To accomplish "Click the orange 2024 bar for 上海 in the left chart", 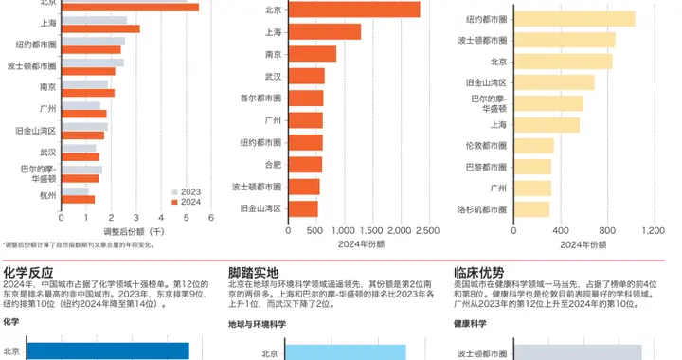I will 99,29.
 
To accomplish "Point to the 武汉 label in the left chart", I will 48,152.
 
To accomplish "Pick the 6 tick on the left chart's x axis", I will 210,218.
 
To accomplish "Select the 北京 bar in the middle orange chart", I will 351,9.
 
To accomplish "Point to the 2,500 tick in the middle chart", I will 427,230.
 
